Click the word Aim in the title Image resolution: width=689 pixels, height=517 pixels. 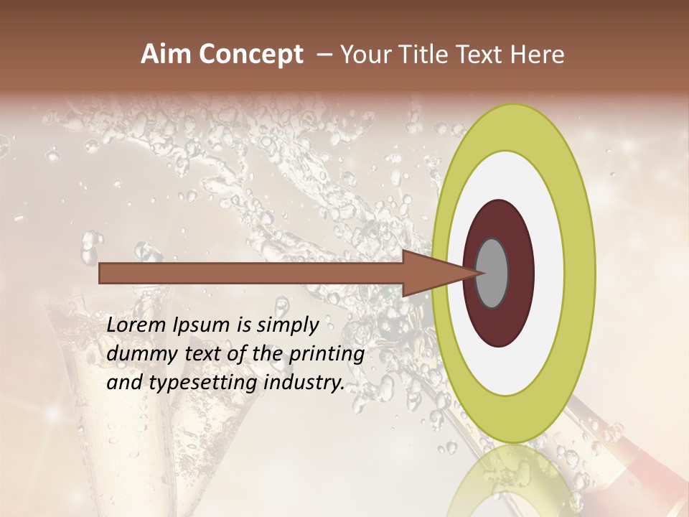point(167,55)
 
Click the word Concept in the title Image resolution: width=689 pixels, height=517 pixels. point(251,55)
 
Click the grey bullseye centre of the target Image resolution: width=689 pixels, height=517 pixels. point(492,273)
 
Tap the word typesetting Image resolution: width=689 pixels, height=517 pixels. point(205,383)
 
